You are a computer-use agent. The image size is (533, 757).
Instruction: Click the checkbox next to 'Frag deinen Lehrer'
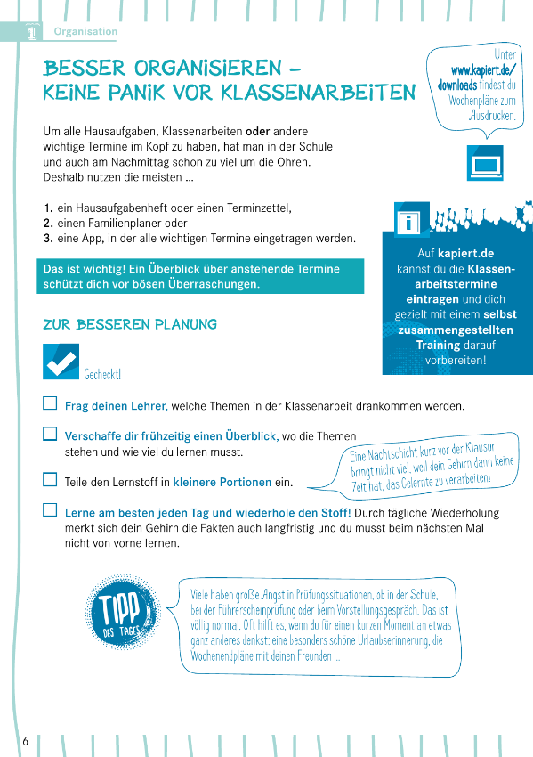pos(50,404)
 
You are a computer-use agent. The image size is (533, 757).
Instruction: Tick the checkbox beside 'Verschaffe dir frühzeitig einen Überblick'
pos(50,435)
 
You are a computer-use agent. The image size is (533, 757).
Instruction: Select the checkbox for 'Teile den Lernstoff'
pos(50,480)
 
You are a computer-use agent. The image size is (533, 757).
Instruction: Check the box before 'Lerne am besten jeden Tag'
pos(50,511)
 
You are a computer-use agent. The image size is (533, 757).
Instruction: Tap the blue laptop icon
pos(485,165)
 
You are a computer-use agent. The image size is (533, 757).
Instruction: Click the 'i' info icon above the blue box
pos(411,221)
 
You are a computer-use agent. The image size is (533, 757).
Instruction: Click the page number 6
pos(26,741)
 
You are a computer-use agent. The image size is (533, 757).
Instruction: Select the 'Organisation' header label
pos(85,31)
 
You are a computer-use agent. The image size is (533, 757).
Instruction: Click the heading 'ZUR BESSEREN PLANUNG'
pos(130,325)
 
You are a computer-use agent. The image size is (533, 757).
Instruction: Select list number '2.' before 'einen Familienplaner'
pos(49,224)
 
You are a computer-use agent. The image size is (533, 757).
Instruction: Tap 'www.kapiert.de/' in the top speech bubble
pos(483,70)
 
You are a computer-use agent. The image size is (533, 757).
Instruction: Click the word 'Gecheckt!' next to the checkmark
pos(102,375)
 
